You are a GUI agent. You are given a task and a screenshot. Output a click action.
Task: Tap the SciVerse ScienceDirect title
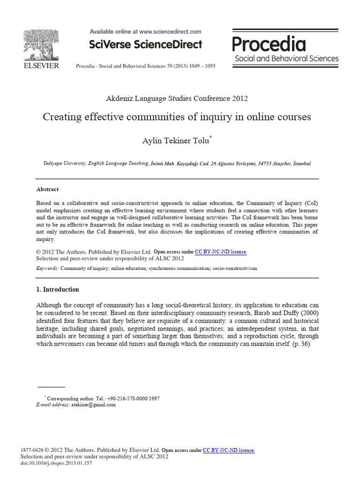pyautogui.click(x=145, y=45)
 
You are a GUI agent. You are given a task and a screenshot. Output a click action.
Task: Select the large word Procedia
pyautogui.click(x=269, y=45)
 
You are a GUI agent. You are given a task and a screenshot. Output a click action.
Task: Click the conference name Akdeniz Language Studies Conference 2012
pyautogui.click(x=177, y=98)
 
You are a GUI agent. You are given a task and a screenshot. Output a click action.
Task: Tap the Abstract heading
pyautogui.click(x=47, y=189)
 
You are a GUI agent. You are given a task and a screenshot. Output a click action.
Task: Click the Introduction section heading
pyautogui.click(x=58, y=289)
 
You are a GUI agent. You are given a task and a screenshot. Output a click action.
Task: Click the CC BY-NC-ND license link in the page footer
pyautogui.click(x=229, y=450)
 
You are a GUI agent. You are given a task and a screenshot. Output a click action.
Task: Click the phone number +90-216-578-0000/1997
pyautogui.click(x=133, y=398)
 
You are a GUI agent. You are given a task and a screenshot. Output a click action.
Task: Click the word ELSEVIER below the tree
pyautogui.click(x=41, y=66)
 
